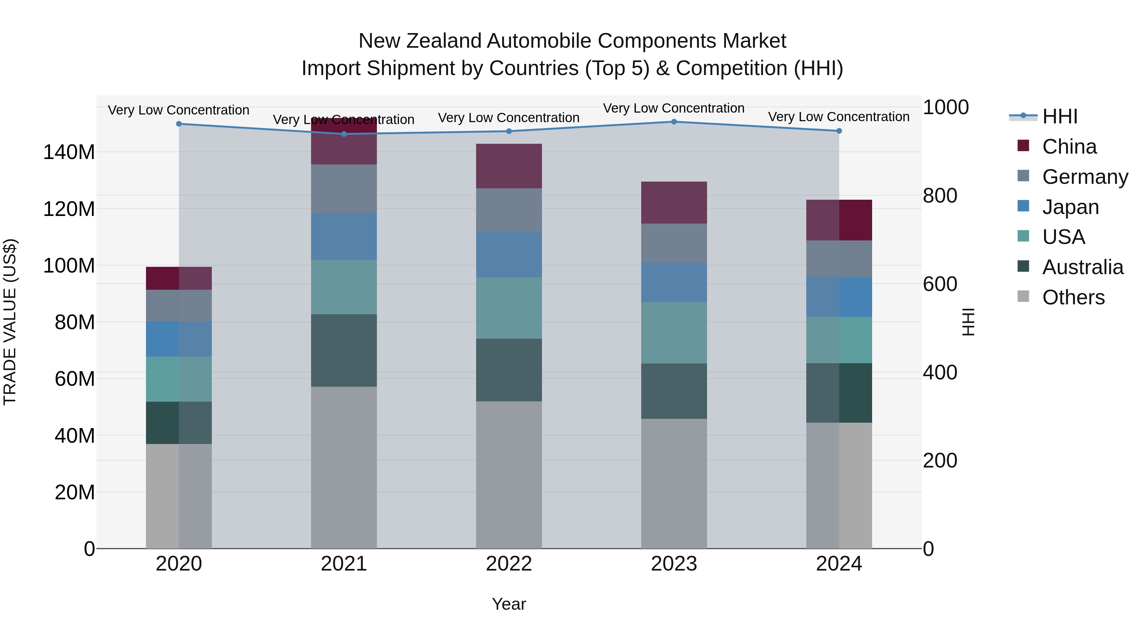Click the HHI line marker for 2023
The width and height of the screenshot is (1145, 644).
[x=674, y=122]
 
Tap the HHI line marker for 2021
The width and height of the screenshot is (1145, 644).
[x=343, y=134]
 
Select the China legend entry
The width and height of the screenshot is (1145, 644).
[x=1069, y=147]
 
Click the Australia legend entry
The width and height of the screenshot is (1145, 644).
[x=1082, y=267]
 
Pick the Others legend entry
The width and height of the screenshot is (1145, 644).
[x=1073, y=297]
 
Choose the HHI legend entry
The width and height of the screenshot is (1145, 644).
[x=1060, y=116]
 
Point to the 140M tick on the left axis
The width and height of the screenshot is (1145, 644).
[x=69, y=152]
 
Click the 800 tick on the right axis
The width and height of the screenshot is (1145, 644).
[x=940, y=196]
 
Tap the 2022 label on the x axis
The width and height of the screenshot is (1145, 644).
[x=509, y=564]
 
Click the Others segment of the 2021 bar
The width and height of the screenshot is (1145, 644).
[x=343, y=467]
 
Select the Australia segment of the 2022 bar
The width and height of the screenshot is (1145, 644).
[x=509, y=370]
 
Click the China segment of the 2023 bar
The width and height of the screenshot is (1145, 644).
[x=674, y=202]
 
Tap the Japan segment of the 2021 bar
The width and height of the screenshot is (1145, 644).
[x=343, y=236]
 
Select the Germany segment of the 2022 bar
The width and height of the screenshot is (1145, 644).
[x=509, y=210]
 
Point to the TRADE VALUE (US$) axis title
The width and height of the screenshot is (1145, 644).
[x=10, y=322]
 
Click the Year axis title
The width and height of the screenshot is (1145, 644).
[x=509, y=604]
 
